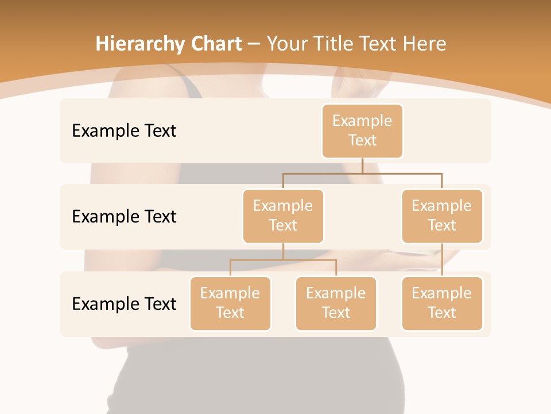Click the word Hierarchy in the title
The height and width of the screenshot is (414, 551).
click(x=131, y=44)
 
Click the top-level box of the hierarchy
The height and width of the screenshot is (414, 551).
click(x=362, y=131)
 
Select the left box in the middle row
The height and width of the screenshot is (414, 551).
click(x=283, y=216)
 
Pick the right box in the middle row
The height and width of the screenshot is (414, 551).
click(x=442, y=216)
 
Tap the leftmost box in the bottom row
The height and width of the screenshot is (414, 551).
click(x=230, y=303)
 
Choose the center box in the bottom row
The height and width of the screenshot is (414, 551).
click(x=336, y=303)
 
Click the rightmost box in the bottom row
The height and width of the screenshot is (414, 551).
click(x=442, y=303)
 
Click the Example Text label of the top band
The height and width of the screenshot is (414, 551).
click(x=124, y=131)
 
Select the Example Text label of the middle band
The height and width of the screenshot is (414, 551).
click(x=124, y=216)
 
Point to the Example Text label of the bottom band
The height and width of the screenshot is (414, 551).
click(x=124, y=304)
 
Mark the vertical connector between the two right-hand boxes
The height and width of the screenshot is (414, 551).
click(x=442, y=260)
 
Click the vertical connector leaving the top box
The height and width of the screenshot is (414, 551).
click(x=362, y=166)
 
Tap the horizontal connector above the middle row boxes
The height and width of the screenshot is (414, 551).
click(x=362, y=173)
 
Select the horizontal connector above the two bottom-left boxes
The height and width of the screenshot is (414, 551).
click(x=283, y=260)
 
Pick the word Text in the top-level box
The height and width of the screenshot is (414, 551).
click(x=362, y=140)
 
